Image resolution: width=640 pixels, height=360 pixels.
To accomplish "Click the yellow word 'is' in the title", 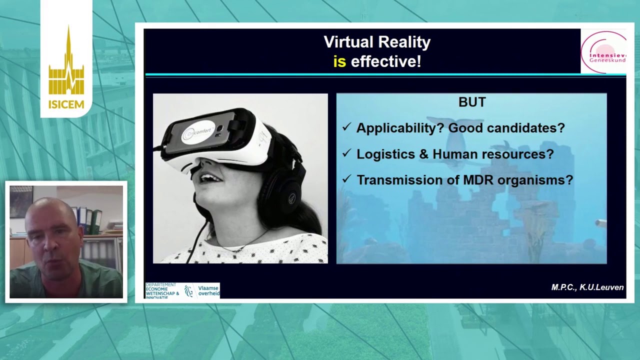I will click(339, 61).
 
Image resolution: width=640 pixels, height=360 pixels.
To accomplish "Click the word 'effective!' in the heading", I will click(386, 61).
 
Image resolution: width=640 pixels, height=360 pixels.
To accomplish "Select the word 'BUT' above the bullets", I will click(472, 102).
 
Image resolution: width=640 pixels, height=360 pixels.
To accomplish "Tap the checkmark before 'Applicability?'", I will click(346, 127).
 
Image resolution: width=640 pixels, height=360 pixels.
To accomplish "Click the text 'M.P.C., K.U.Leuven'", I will click(587, 287).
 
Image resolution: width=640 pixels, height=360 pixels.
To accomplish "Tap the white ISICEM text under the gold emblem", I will click(66, 104).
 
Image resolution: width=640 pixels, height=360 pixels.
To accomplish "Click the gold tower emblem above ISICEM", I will click(66, 65).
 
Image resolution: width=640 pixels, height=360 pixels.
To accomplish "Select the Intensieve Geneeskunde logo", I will click(603, 52).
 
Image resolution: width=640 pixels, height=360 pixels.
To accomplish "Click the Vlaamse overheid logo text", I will click(208, 290).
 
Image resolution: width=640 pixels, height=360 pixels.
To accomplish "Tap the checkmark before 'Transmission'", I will click(346, 179).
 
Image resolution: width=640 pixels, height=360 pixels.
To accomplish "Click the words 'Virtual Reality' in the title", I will click(377, 42).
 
